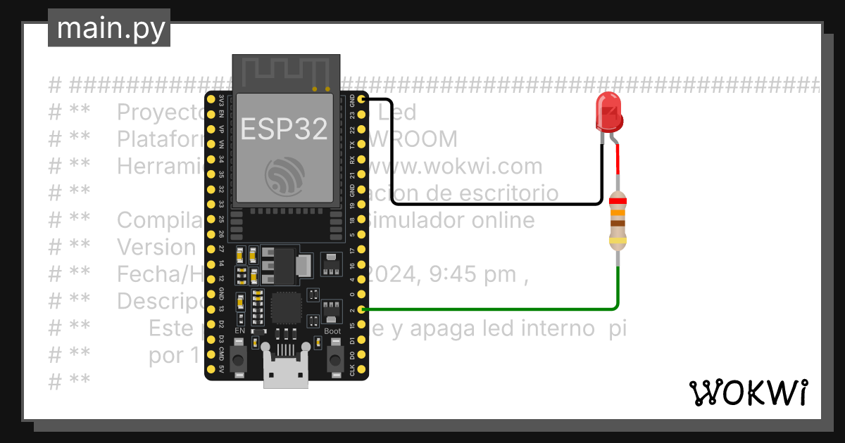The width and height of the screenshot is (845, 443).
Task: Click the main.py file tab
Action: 110,28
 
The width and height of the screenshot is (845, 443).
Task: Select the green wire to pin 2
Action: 493,309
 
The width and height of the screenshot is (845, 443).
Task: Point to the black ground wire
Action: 493,205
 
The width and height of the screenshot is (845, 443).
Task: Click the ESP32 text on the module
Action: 284,129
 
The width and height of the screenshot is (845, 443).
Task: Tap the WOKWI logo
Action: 748,392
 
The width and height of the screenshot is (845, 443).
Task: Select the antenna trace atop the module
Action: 285,71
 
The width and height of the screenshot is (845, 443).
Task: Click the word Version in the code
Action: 155,248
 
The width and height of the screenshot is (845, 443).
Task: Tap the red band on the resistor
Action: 618,200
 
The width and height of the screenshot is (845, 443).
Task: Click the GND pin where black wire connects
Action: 362,99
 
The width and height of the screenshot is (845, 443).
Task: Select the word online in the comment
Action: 499,220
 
